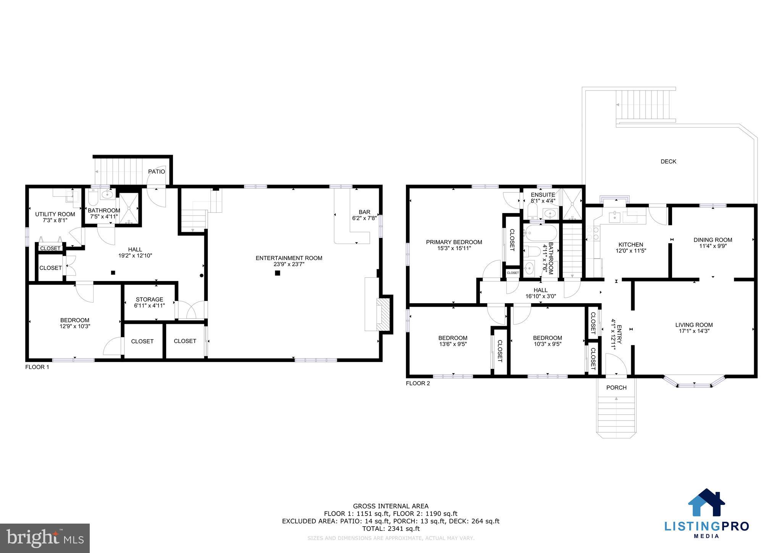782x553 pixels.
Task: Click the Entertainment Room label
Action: pyautogui.click(x=289, y=258)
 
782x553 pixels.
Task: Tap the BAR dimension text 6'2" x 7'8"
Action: pyautogui.click(x=364, y=218)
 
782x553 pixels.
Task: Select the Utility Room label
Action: pyautogui.click(x=55, y=214)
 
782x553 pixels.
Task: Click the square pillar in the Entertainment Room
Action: pyautogui.click(x=278, y=273)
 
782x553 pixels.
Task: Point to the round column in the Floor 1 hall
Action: pyautogui.click(x=202, y=275)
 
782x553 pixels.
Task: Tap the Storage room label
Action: pyautogui.click(x=149, y=299)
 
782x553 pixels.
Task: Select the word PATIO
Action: pyautogui.click(x=157, y=171)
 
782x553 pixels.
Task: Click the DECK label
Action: pyautogui.click(x=668, y=162)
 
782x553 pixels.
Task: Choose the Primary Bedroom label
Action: pyautogui.click(x=454, y=242)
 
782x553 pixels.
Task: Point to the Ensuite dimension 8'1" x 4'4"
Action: pyautogui.click(x=543, y=201)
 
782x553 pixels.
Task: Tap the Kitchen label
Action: pyautogui.click(x=630, y=245)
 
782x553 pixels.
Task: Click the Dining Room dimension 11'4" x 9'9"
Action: pyautogui.click(x=713, y=246)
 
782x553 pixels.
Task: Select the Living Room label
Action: pyautogui.click(x=694, y=325)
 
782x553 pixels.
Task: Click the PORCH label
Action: pyautogui.click(x=616, y=388)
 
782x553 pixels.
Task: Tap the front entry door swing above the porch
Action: pyautogui.click(x=616, y=365)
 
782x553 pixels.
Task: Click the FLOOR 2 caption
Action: pyautogui.click(x=418, y=383)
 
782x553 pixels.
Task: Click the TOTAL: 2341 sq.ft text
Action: pyautogui.click(x=390, y=529)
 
